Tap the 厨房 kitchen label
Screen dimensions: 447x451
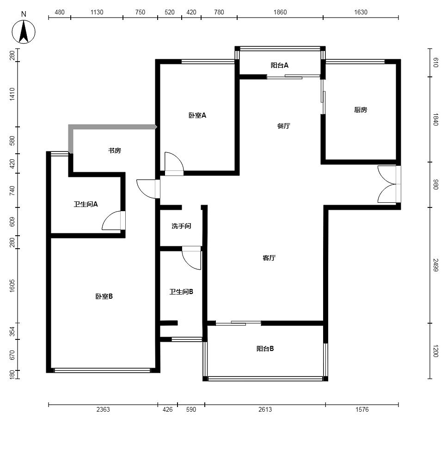click(x=360, y=110)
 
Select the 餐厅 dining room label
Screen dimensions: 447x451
click(x=283, y=125)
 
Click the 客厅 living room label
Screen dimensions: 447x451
click(x=269, y=258)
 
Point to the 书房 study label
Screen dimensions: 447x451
click(x=115, y=150)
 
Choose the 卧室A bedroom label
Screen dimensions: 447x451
click(x=197, y=115)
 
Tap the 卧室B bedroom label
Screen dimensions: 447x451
click(x=104, y=296)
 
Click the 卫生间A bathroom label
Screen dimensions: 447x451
click(x=86, y=204)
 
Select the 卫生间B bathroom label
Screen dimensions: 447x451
click(x=181, y=292)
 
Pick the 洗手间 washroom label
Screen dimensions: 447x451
click(x=181, y=226)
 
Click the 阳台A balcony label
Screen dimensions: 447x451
click(x=279, y=65)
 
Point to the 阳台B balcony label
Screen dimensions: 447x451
click(x=265, y=349)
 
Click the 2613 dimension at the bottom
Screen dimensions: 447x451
click(x=265, y=409)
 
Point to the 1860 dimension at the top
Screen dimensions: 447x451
click(x=280, y=12)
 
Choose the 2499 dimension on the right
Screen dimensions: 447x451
click(x=435, y=265)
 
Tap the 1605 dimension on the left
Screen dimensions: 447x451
click(x=12, y=286)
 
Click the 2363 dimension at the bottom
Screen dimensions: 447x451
click(x=103, y=409)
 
